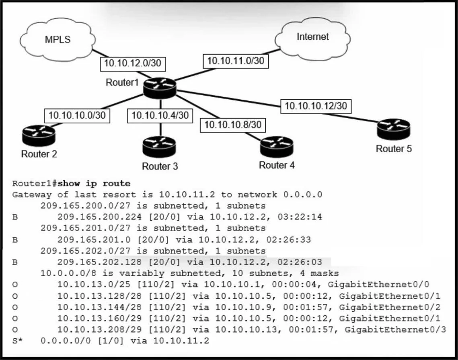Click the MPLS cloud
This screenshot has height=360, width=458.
[x=58, y=39]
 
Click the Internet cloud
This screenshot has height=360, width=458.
[x=312, y=37]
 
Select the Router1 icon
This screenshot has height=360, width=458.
[x=160, y=88]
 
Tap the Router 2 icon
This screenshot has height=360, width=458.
[x=39, y=135]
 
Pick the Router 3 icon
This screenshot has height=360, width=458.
[x=159, y=147]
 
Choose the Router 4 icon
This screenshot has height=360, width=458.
[x=276, y=147]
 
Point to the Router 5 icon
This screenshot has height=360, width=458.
[x=393, y=129]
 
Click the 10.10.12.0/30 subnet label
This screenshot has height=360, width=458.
[x=133, y=64]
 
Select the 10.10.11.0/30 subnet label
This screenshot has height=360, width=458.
[x=235, y=61]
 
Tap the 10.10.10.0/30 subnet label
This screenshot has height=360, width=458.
[x=77, y=116]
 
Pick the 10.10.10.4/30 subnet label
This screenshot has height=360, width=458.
[x=160, y=116]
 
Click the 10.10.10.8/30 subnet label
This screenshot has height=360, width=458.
[x=233, y=125]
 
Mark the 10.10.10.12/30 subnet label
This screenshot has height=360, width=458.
[x=316, y=106]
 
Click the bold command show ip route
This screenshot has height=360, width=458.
[x=94, y=184]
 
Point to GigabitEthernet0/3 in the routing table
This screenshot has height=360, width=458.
[x=395, y=329]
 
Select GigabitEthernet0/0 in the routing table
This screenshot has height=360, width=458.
[x=378, y=284]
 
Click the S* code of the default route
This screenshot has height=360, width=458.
[x=17, y=341]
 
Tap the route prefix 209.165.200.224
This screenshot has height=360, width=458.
[x=99, y=217]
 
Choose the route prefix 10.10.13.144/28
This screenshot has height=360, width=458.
[x=99, y=307]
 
